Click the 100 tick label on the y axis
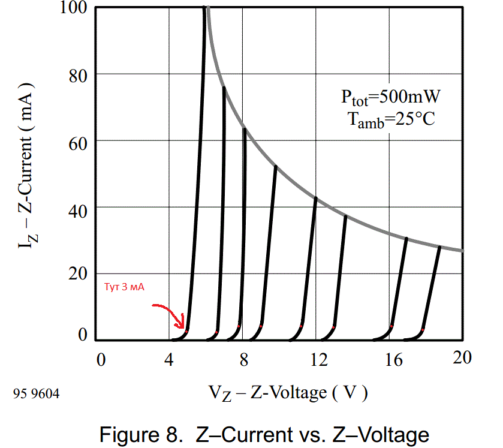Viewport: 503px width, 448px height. tap(74, 8)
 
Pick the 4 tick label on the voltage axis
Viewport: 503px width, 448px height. tap(169, 360)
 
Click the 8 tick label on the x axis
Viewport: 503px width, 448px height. tap(243, 360)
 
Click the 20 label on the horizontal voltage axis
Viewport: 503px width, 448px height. tap(462, 358)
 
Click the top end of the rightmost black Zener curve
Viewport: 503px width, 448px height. tap(439, 247)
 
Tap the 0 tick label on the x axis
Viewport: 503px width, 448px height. tap(101, 360)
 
